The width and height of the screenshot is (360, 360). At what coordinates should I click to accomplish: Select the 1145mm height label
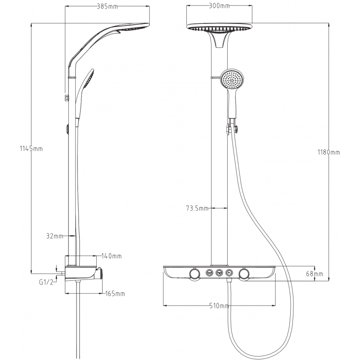(x=31, y=149)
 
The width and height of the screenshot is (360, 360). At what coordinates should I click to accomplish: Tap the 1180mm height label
(x=328, y=153)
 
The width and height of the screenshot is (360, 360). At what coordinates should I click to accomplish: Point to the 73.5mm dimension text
(x=197, y=208)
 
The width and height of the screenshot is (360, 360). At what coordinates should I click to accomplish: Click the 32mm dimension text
(x=54, y=235)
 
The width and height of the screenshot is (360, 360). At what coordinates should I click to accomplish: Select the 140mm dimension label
(x=111, y=256)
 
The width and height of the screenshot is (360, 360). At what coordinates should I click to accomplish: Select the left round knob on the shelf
(x=194, y=274)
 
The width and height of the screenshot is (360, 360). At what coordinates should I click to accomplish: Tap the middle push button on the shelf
(x=220, y=272)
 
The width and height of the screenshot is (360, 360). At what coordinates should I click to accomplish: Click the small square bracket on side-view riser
(x=67, y=97)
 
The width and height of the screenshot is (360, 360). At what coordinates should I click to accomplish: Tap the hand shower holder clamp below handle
(x=232, y=128)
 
